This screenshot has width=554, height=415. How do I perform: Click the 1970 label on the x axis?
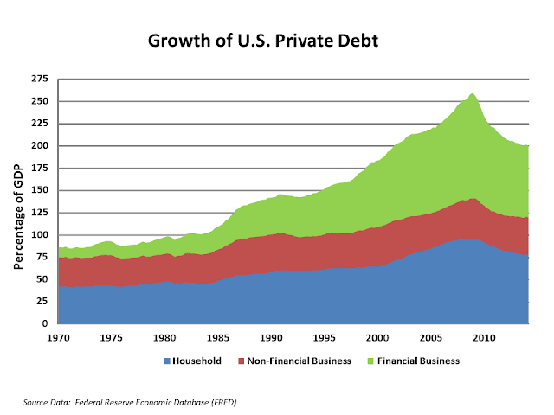(x=58, y=336)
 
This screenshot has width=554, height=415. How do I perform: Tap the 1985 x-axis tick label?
(x=217, y=336)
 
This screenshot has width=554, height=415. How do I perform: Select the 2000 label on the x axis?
(x=377, y=336)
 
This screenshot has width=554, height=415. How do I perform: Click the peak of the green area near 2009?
(x=472, y=93)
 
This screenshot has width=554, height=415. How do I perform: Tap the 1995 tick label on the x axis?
(x=324, y=336)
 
